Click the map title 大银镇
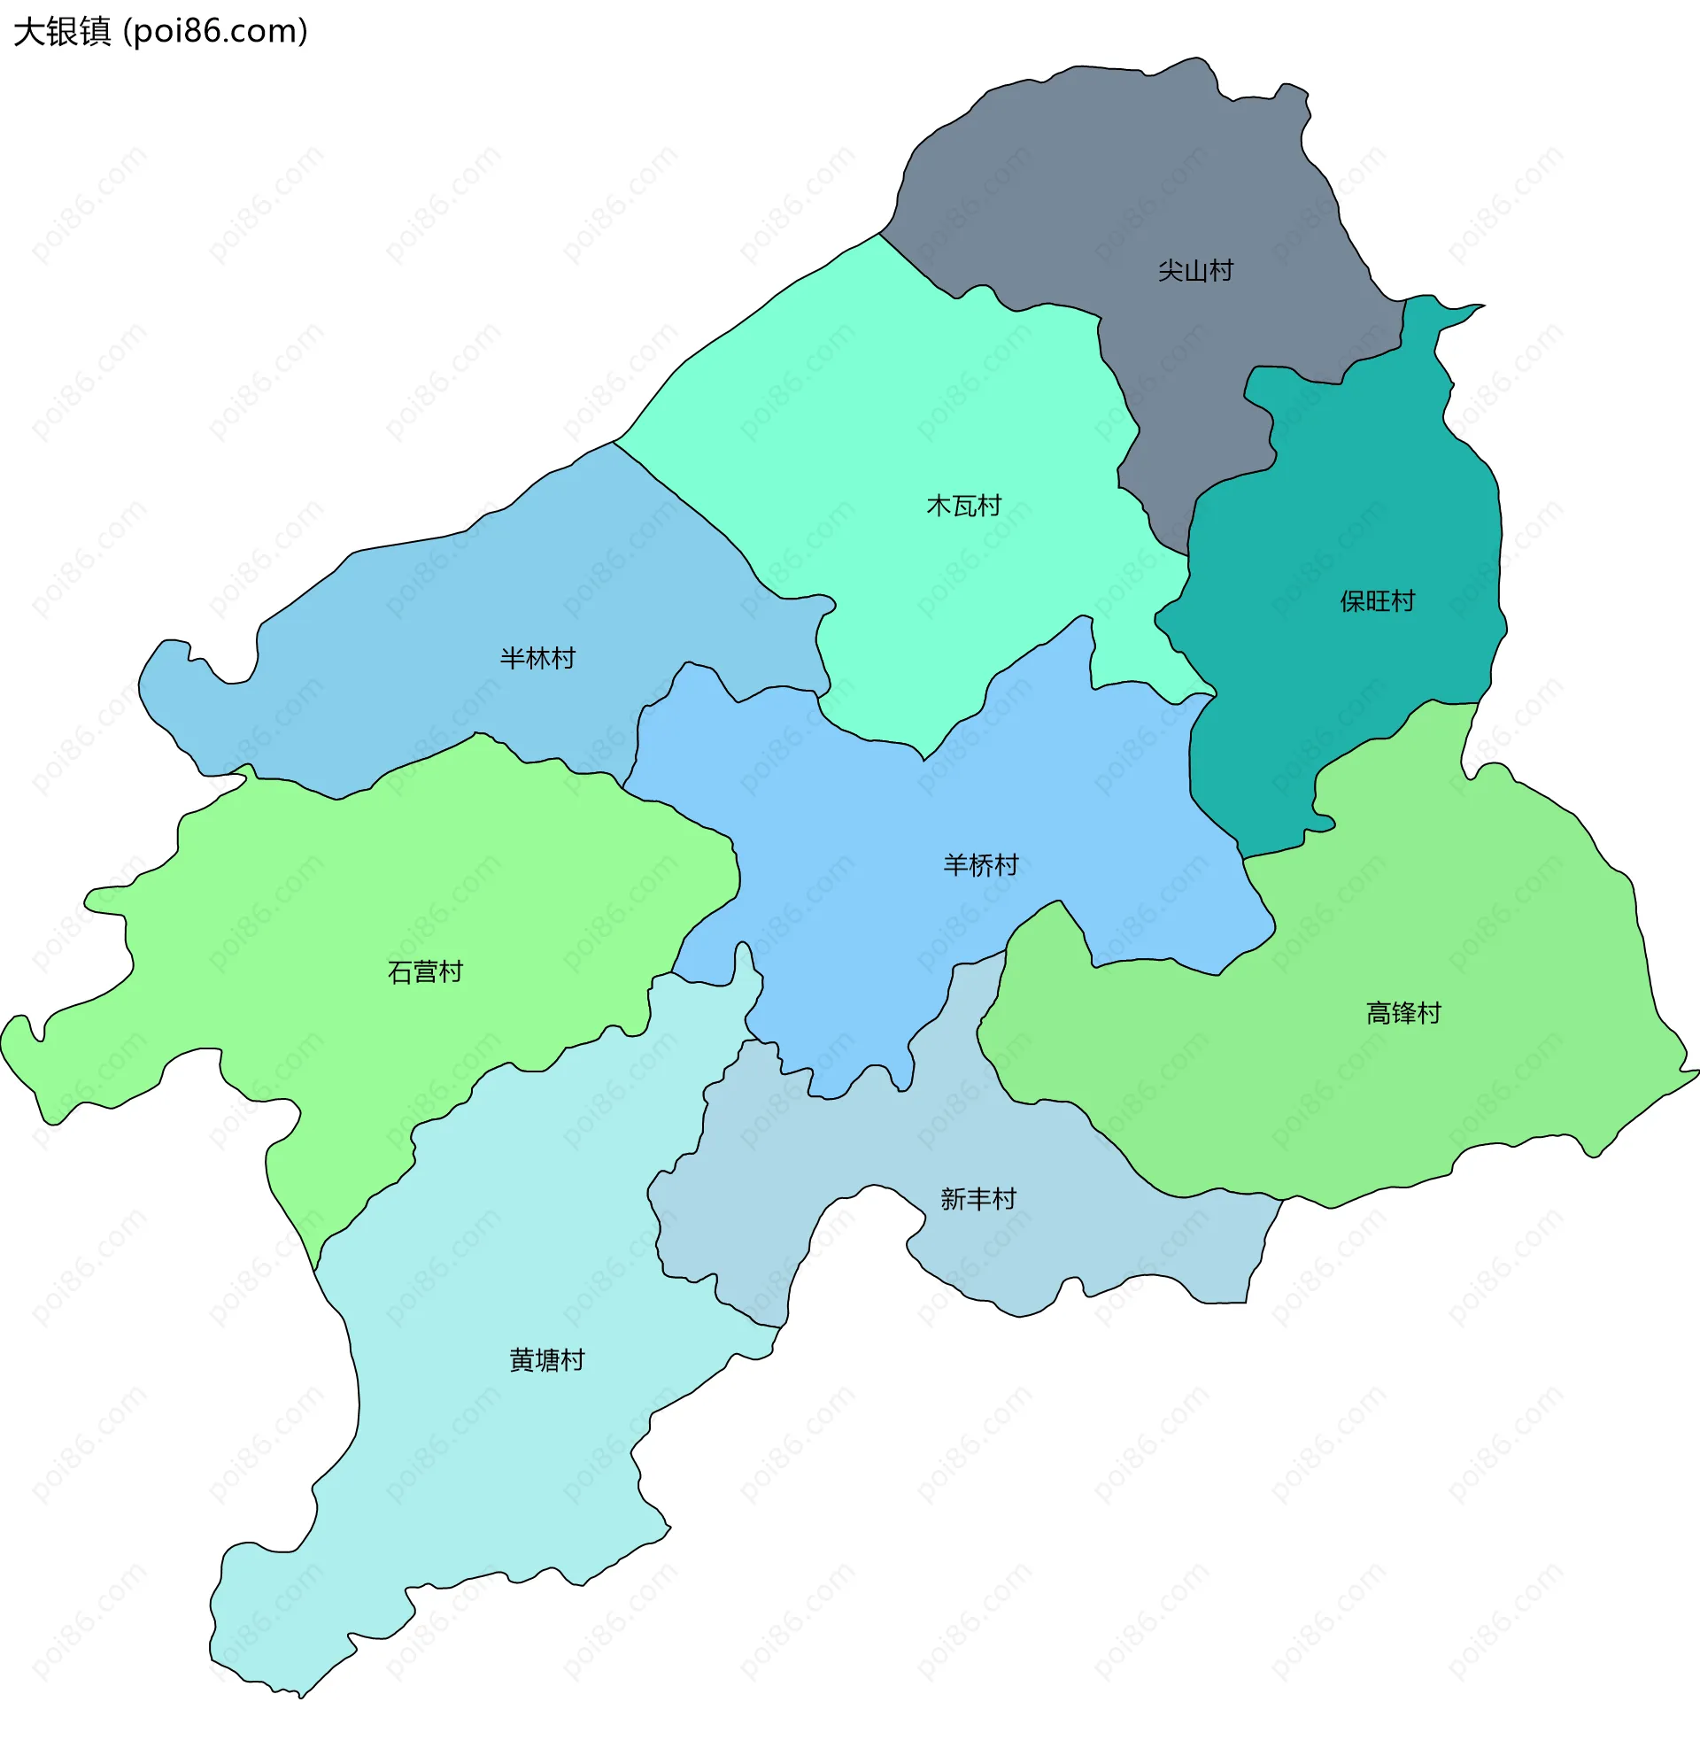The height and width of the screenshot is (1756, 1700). [62, 31]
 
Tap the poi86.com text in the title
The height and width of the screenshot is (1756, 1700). [215, 31]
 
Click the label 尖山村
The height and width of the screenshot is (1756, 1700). [1194, 271]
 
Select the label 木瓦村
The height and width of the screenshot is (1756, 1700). [963, 507]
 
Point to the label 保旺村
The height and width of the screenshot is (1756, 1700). [1377, 601]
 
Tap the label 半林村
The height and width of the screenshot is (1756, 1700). [537, 659]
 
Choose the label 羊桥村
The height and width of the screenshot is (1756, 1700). [981, 864]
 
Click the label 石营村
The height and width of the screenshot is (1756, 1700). [424, 972]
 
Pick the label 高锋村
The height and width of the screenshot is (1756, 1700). [1402, 1013]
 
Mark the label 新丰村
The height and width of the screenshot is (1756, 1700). [978, 1199]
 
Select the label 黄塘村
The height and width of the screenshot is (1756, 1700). [546, 1360]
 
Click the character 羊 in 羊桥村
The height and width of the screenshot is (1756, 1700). [955, 864]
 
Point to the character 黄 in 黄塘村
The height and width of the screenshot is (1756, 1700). [522, 1360]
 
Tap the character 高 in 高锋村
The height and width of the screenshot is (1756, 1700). [1378, 1013]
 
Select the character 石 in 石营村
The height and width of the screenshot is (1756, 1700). [399, 972]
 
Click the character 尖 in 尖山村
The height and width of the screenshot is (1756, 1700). [1170, 271]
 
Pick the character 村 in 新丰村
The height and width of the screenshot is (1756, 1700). [1004, 1199]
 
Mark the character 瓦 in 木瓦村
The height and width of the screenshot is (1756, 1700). [963, 507]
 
